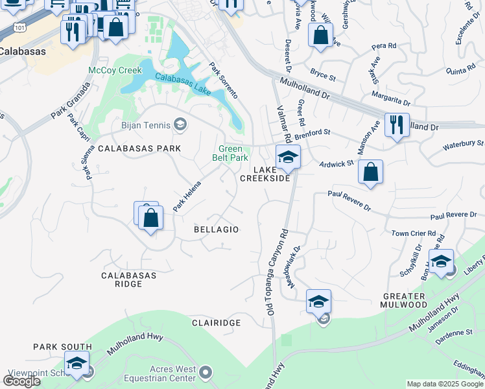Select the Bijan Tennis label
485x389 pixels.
[145, 125]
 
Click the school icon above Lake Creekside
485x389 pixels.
[288, 156]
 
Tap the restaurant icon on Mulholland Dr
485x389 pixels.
[396, 124]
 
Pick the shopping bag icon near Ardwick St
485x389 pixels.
[370, 172]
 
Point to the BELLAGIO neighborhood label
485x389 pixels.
[217, 230]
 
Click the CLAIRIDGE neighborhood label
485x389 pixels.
[217, 322]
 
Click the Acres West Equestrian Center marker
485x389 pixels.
[206, 372]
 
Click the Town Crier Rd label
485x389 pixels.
[411, 233]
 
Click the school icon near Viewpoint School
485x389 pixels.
[77, 363]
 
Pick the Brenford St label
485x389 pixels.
[313, 134]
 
